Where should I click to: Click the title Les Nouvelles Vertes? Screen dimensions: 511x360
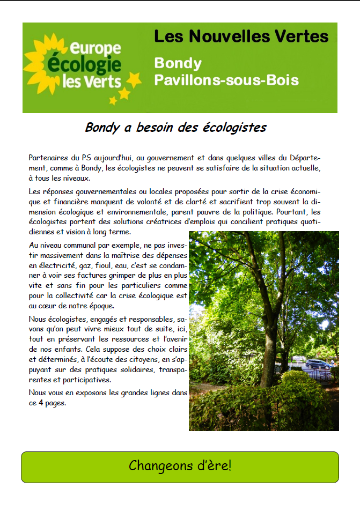[241, 36]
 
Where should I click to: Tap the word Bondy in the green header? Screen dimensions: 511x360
[178, 63]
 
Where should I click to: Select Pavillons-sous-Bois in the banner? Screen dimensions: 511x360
[226, 80]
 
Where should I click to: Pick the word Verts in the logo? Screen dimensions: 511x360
[107, 82]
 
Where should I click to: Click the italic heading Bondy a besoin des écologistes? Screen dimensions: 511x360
[175, 128]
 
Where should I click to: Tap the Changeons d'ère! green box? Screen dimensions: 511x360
[180, 465]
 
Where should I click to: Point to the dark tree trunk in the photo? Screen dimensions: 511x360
[267, 343]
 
